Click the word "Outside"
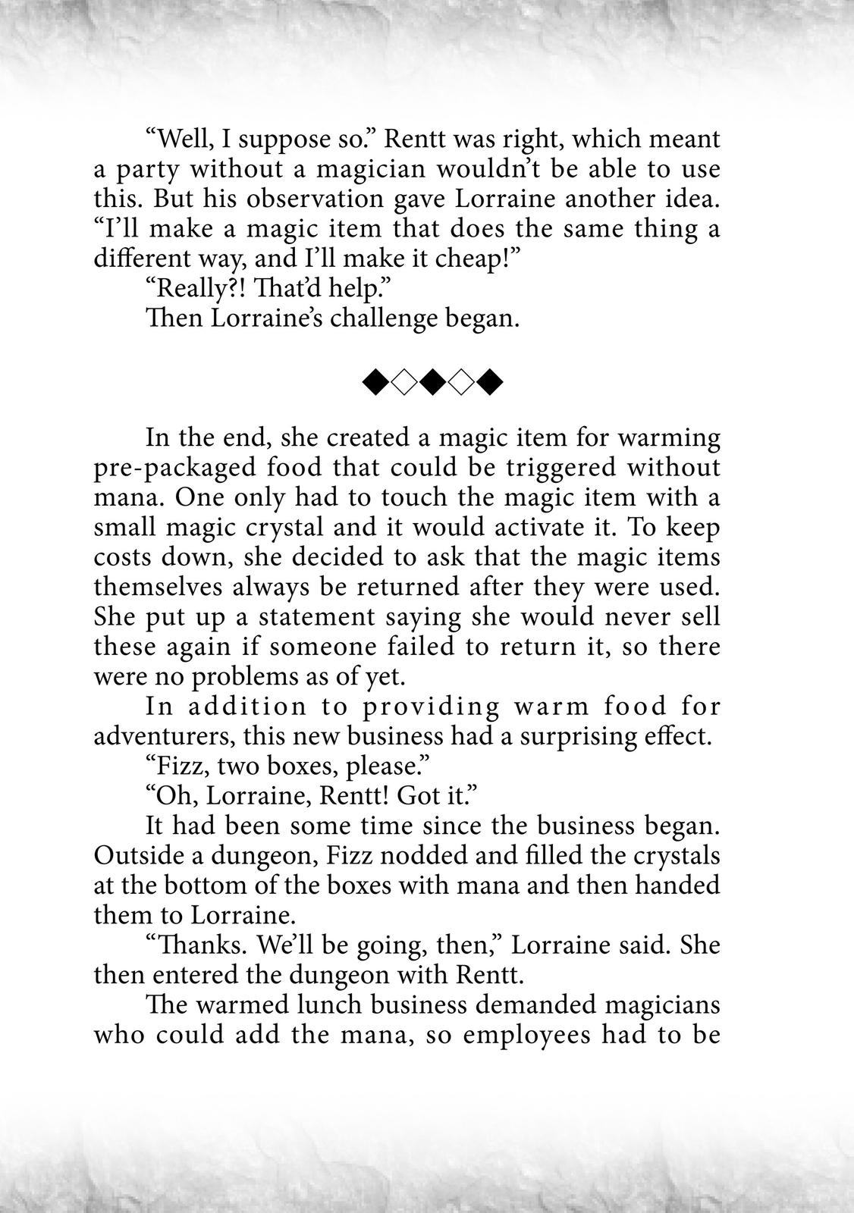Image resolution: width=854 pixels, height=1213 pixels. (x=137, y=855)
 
